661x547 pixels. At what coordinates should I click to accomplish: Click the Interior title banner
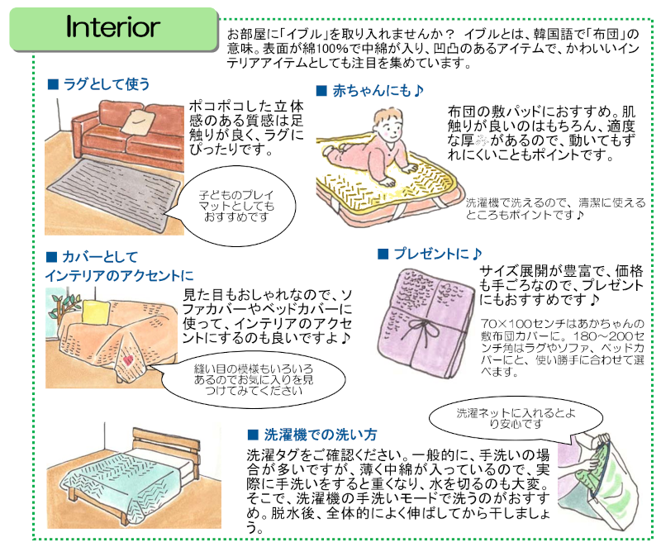112,27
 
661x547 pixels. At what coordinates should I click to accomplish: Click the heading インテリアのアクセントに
119,275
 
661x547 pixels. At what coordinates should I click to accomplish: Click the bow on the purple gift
426,331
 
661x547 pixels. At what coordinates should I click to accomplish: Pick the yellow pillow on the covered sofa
97,312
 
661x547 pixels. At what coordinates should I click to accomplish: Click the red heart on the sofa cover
130,362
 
